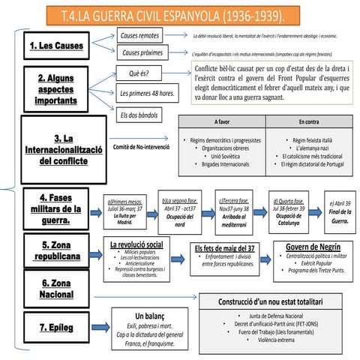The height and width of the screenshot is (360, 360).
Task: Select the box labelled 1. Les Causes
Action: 56,46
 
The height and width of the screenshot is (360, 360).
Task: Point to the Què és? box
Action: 140,74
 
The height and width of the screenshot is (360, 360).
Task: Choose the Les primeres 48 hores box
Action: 148,94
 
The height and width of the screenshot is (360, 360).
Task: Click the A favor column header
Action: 223,121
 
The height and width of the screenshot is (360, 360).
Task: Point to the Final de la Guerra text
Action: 339,217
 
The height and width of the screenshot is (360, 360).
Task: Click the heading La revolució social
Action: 136,245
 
